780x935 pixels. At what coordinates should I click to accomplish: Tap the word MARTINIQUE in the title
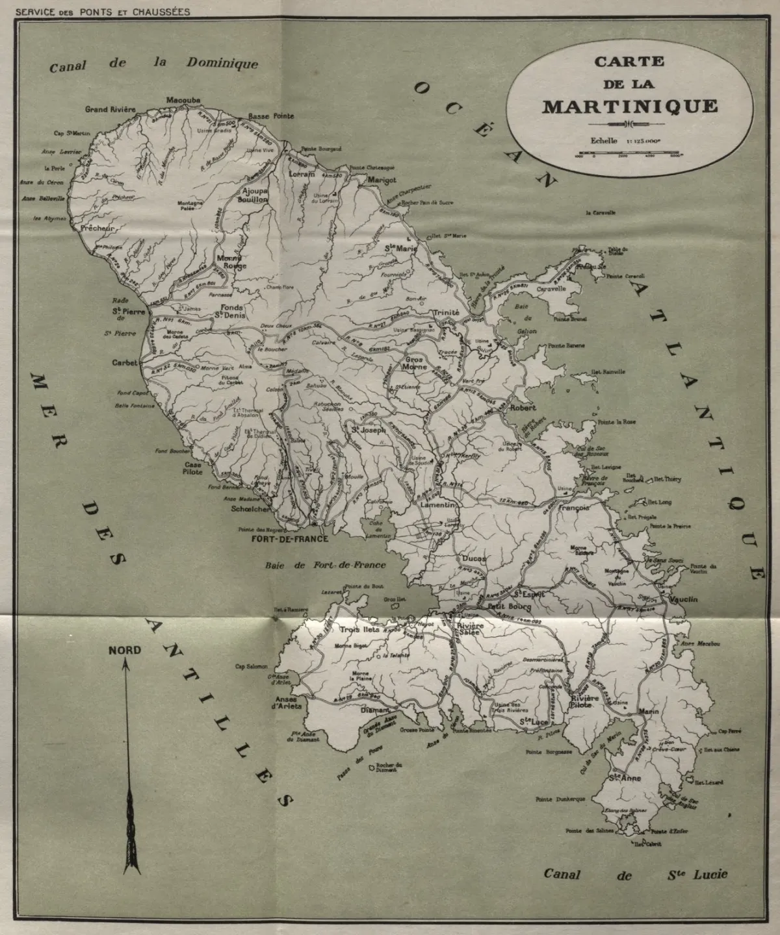click(630, 106)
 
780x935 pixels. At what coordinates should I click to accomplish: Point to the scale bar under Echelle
click(629, 155)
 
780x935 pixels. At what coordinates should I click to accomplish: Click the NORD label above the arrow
click(125, 650)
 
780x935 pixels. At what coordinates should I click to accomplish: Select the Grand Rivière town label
click(110, 109)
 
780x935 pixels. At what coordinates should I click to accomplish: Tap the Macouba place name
click(183, 100)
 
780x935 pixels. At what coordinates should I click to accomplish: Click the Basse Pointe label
click(271, 116)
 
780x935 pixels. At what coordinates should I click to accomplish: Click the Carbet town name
click(124, 363)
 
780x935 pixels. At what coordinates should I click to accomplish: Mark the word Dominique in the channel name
click(222, 63)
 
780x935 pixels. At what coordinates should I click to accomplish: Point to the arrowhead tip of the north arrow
click(125, 661)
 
